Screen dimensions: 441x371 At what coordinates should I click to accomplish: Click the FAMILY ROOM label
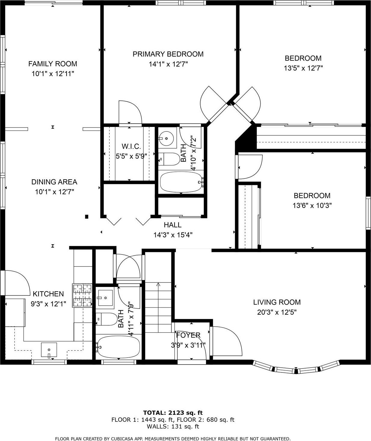(53, 64)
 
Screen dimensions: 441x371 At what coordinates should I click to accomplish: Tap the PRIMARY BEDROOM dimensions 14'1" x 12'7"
(168, 64)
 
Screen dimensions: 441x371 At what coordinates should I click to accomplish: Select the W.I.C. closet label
(131, 146)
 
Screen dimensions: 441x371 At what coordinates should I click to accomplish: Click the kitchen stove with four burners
(82, 295)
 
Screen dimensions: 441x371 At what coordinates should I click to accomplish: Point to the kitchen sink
(49, 350)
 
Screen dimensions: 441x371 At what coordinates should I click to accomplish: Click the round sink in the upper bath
(166, 138)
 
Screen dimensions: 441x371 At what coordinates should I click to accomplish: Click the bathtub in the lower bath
(118, 347)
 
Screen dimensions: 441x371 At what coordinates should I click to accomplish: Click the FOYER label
(188, 335)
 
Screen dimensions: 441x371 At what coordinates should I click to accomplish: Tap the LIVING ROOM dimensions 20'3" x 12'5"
(277, 312)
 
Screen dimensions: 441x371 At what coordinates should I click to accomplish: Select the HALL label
(173, 225)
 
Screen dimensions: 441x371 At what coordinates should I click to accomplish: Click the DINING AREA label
(54, 182)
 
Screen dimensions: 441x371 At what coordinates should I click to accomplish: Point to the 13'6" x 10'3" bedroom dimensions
(312, 206)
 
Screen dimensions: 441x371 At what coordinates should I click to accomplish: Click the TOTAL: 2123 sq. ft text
(173, 413)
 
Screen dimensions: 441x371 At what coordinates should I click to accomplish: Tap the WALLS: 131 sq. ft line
(173, 426)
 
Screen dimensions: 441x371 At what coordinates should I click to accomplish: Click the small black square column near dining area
(87, 216)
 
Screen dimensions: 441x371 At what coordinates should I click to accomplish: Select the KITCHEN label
(48, 294)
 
